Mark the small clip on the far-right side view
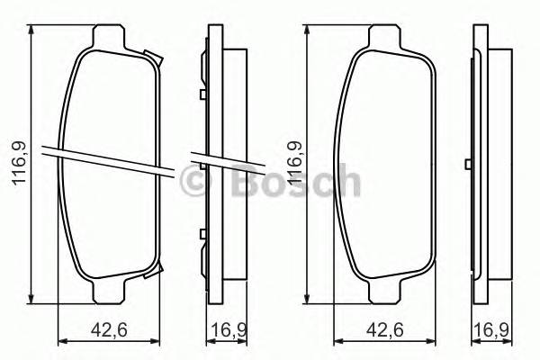[x=467, y=163]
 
